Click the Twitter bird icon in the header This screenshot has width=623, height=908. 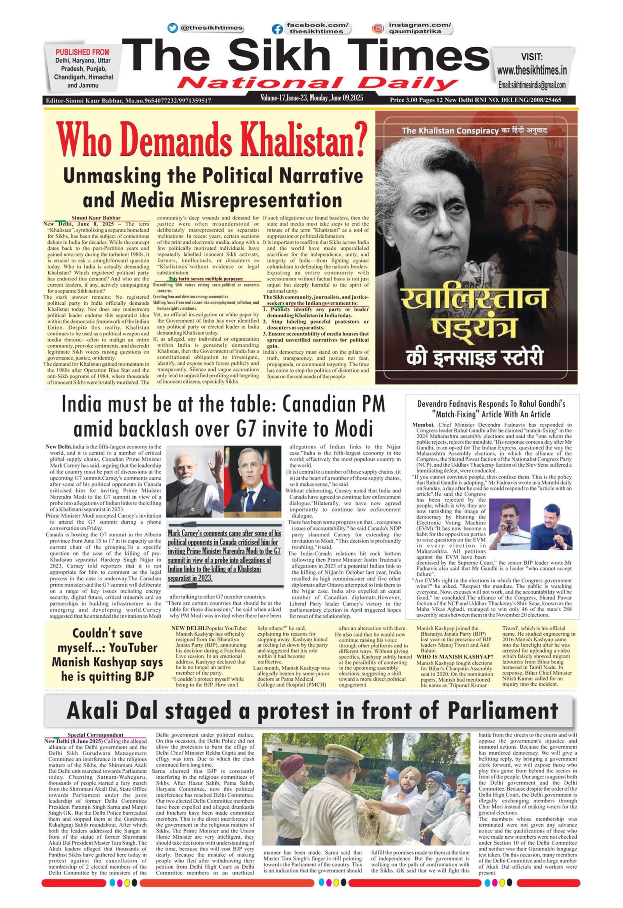[x=172, y=28]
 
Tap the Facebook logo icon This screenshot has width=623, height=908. [x=277, y=29]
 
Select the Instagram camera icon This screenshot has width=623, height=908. [x=377, y=28]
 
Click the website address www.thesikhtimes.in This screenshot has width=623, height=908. [x=531, y=71]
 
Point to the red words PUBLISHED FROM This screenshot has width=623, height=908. [x=83, y=52]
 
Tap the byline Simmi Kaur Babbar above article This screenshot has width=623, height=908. [x=96, y=218]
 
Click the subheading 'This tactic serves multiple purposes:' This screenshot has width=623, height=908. [x=206, y=279]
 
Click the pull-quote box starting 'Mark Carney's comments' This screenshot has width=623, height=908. [x=224, y=555]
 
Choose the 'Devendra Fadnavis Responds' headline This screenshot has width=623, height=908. [x=491, y=409]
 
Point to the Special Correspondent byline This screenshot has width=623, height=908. [x=95, y=735]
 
